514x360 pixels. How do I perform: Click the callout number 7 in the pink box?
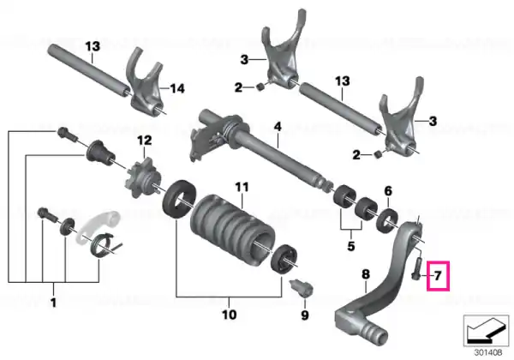[439, 276]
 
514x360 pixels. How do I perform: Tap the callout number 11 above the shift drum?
[242, 187]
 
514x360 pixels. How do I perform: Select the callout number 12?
[145, 141]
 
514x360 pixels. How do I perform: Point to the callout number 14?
[177, 88]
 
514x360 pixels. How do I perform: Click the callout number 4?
[278, 126]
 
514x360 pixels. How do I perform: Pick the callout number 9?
[305, 315]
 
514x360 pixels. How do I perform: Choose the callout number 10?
[229, 315]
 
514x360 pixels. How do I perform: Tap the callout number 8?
[366, 274]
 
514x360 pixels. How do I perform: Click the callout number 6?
[388, 191]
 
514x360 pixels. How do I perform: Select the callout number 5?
[351, 246]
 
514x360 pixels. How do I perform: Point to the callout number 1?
[53, 302]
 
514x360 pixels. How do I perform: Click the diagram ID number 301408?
[488, 353]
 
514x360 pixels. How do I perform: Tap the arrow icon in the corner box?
[486, 329]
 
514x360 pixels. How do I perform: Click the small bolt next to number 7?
[416, 268]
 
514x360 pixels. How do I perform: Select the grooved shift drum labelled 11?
[232, 226]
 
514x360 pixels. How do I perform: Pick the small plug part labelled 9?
[302, 289]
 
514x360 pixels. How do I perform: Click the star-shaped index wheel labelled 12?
[144, 177]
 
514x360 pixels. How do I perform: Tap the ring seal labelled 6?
[388, 220]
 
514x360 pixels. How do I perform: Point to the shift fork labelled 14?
[146, 85]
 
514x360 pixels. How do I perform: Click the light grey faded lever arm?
[99, 226]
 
